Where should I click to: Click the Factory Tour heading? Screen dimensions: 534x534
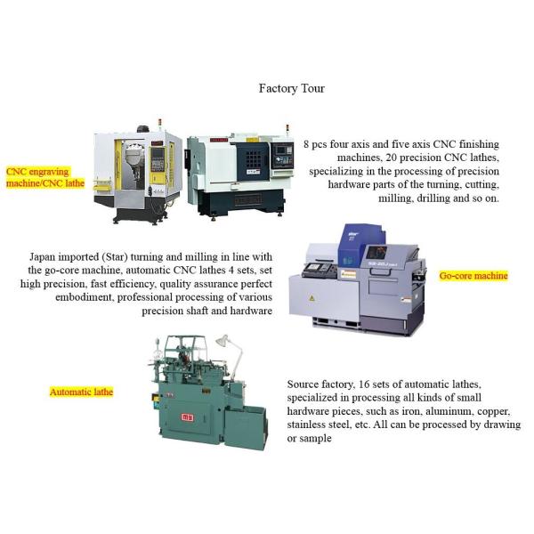coord(291,88)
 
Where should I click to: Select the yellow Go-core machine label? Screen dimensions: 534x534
coord(473,276)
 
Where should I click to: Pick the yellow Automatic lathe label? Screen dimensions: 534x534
coord(81,392)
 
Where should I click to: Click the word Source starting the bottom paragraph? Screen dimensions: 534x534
coord(305,384)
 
